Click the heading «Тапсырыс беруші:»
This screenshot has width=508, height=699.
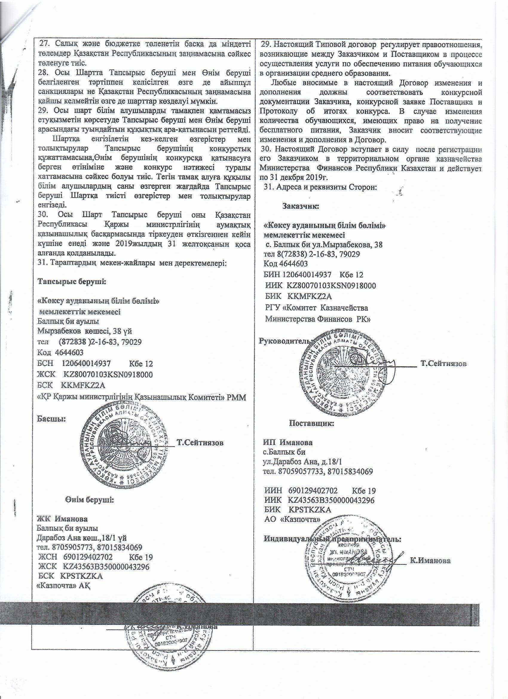71,282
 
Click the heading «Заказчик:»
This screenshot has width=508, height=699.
301,206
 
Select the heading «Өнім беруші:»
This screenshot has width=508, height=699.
89,499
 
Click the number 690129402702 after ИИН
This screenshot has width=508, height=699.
313,490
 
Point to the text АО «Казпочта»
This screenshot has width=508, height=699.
293,519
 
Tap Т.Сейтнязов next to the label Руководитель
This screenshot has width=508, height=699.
444,364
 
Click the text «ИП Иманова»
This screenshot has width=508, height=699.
288,442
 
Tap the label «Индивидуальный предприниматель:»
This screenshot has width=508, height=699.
332,539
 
